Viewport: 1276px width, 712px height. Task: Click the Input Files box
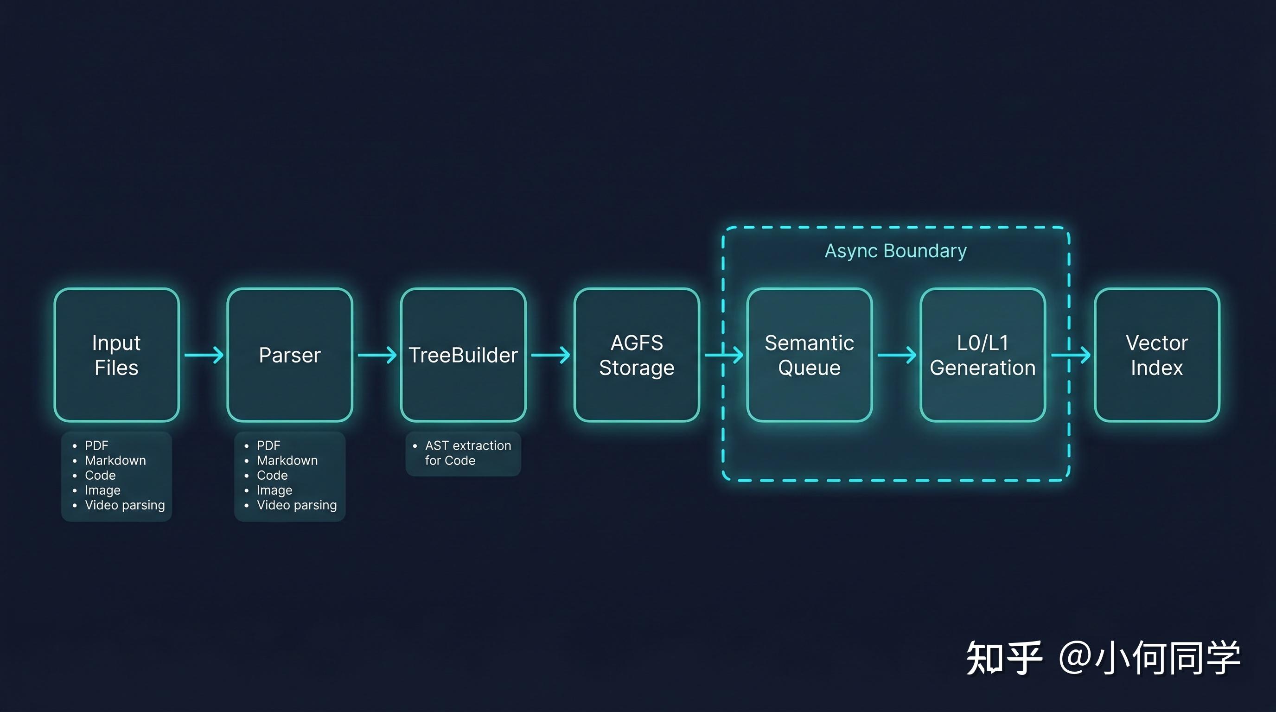tap(116, 355)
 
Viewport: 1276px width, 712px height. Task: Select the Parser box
tap(290, 355)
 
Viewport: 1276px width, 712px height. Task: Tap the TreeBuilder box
tap(463, 355)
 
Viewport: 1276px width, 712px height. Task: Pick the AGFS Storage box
tap(637, 355)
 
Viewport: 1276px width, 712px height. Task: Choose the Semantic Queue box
tap(810, 355)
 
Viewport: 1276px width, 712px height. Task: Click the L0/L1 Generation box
tap(983, 355)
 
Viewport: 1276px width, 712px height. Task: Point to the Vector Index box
tap(1157, 355)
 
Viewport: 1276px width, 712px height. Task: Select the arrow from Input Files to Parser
tap(204, 355)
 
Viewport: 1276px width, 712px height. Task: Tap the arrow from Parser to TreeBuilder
tap(377, 355)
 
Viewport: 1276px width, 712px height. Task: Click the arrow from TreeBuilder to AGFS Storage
tap(550, 355)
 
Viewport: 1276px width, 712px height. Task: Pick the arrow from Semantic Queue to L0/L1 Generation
tap(897, 355)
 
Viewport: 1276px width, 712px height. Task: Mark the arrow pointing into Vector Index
tap(1071, 355)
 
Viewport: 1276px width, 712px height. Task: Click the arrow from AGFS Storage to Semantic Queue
tap(724, 355)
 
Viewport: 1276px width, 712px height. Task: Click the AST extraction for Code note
tap(467, 453)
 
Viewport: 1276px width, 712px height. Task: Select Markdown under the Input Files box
tap(115, 460)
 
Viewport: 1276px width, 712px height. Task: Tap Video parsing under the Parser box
tap(297, 505)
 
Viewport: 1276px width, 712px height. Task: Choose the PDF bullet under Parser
tap(268, 445)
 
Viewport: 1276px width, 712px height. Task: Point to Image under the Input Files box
tap(102, 490)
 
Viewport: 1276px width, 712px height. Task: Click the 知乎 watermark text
tap(1004, 658)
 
